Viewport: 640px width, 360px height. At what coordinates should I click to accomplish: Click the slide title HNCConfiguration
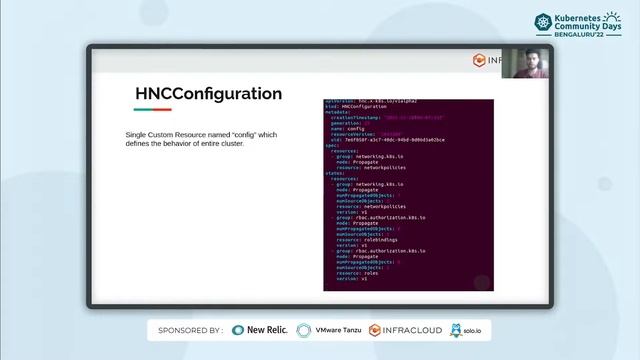(x=208, y=94)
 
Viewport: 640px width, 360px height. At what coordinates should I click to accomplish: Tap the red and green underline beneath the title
(x=153, y=110)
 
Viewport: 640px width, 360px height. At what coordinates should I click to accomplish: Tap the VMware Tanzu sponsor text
(x=338, y=329)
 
